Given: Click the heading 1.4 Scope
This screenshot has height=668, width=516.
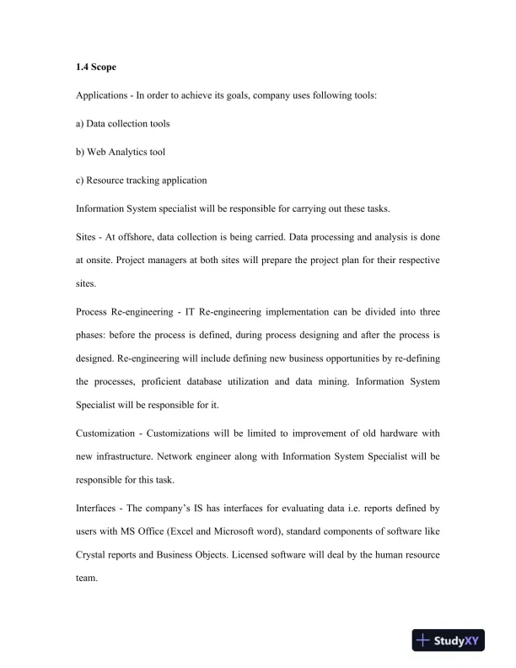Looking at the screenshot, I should pos(93,67).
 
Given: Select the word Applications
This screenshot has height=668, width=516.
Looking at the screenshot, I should pos(101,95).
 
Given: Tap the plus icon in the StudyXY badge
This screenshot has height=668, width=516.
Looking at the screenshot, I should pos(426,641).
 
